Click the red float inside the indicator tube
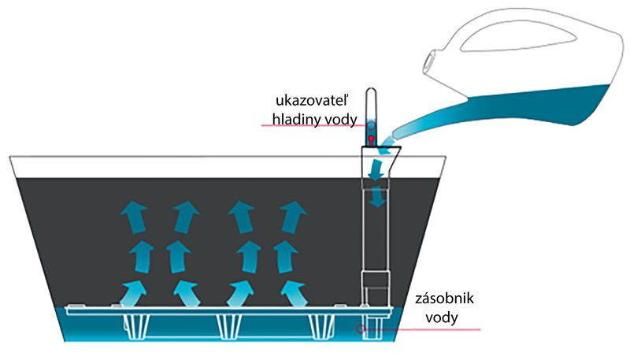click(371, 139)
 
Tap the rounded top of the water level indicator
click(372, 96)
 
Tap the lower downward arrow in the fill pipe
click(379, 195)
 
